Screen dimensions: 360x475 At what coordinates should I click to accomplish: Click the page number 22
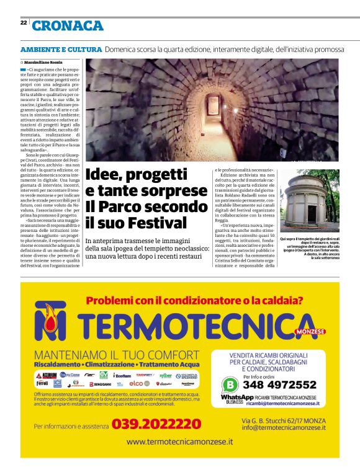23,22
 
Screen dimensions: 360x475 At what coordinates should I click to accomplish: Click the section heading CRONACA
68,25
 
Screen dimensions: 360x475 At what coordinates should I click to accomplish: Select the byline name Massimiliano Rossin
45,63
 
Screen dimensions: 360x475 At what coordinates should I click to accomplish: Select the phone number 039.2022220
156,424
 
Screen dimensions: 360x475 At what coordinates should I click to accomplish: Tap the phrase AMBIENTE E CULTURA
61,49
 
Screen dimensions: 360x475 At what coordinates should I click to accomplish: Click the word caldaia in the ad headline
279,301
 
